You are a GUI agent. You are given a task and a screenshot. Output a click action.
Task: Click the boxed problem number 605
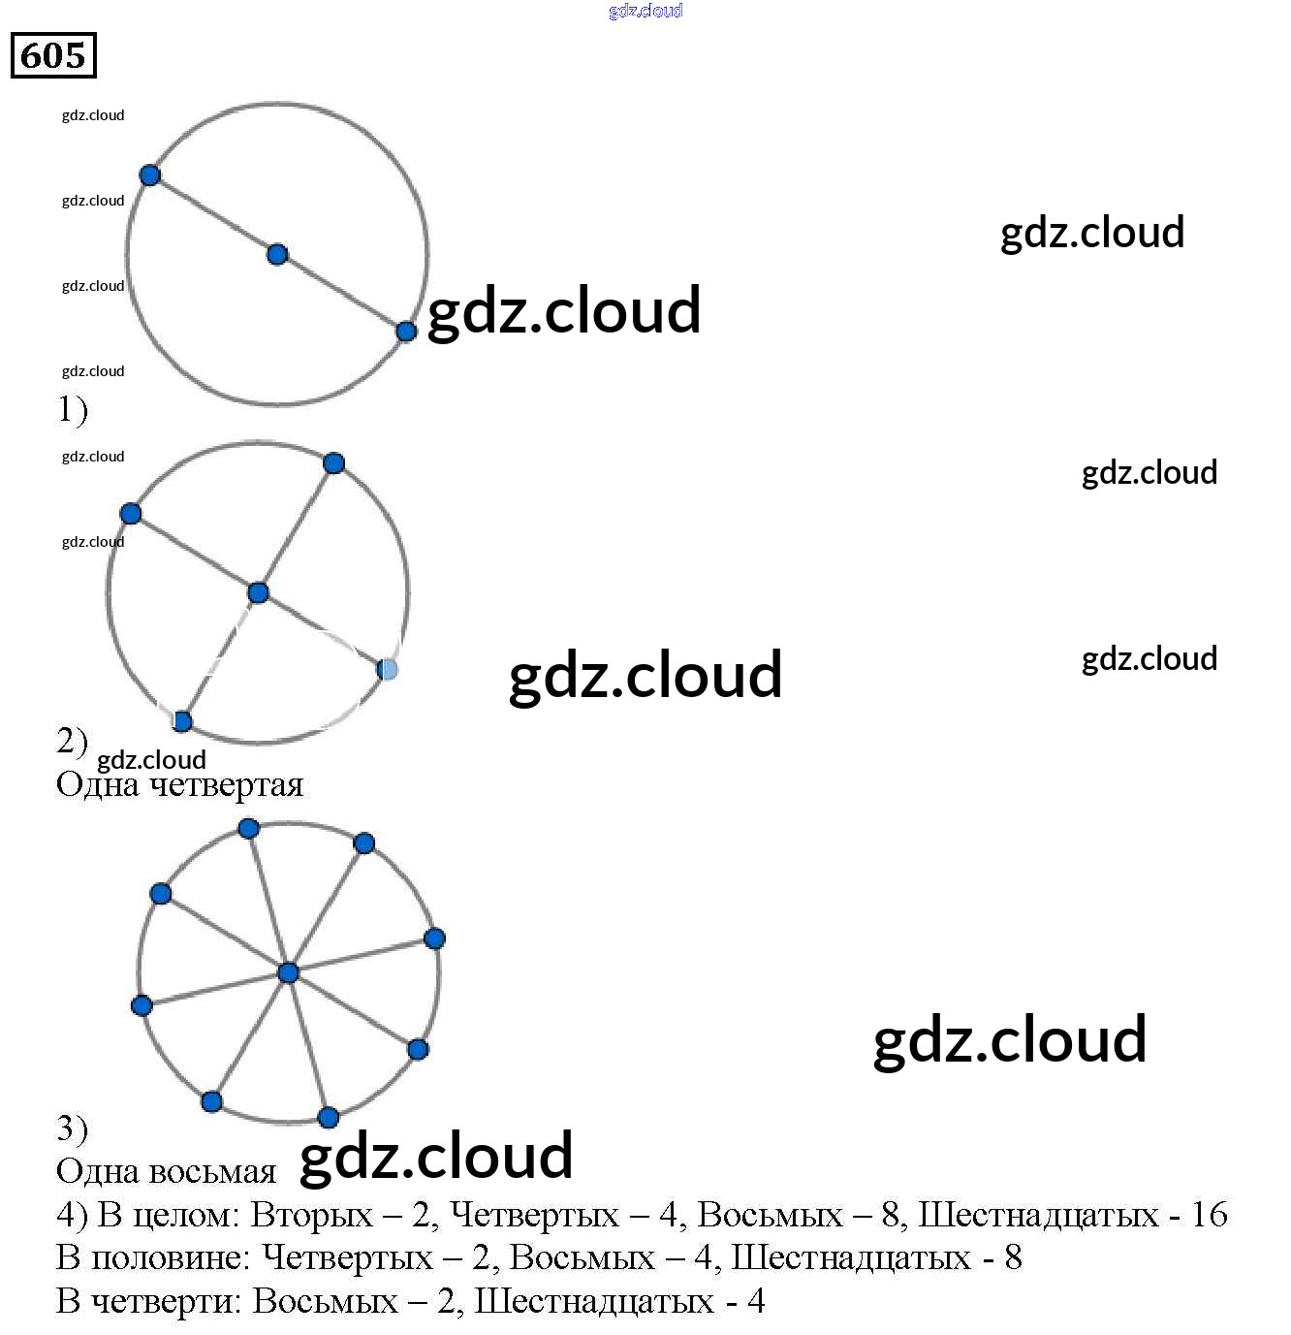53,55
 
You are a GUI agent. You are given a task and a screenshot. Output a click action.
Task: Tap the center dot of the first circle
277,255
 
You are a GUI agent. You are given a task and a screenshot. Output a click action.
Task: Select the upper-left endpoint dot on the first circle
149,175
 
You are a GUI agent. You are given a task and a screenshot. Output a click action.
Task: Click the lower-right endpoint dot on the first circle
406,332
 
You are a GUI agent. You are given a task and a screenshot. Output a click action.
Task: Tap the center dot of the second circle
258,592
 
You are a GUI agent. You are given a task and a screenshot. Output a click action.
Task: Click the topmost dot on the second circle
333,463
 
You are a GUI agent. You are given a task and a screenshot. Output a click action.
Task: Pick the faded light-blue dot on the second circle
387,669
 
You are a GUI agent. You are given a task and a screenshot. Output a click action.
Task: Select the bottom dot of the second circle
182,721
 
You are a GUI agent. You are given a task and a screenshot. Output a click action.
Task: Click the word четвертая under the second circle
229,784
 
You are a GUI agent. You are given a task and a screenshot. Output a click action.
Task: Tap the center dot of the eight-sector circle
288,972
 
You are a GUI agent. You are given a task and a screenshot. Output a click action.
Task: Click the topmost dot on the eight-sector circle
249,828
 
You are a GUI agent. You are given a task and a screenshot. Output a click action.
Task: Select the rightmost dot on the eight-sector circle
434,938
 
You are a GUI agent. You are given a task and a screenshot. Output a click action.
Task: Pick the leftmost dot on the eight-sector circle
142,1005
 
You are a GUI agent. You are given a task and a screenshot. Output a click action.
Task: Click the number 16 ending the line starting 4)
1209,1215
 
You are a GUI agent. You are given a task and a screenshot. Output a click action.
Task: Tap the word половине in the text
172,1257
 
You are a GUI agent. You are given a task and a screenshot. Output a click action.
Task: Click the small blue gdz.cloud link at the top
645,11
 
